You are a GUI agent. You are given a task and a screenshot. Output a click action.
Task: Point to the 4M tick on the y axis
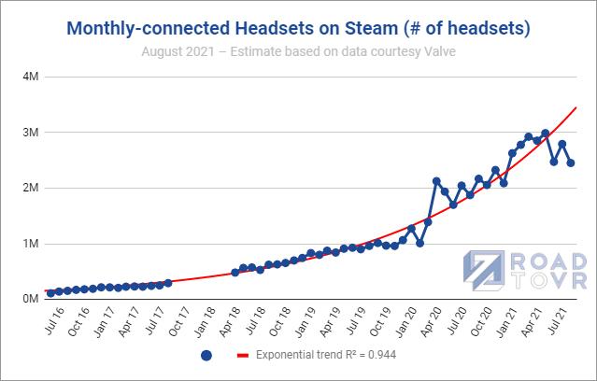(x=28, y=77)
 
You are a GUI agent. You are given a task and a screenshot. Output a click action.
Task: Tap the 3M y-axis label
(x=28, y=133)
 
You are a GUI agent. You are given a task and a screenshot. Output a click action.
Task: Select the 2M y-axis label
(x=28, y=188)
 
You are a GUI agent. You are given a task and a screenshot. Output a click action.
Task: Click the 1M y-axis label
(x=28, y=244)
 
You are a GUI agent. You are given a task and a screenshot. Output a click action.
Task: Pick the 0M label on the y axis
(x=28, y=299)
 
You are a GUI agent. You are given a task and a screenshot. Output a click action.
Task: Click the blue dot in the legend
(x=206, y=356)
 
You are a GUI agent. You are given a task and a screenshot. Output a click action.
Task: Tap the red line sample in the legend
(x=244, y=356)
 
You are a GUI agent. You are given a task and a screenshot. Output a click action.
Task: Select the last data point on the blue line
(x=570, y=162)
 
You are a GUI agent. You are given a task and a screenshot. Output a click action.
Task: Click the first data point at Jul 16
(x=50, y=292)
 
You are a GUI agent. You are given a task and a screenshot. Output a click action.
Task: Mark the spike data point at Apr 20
(x=436, y=181)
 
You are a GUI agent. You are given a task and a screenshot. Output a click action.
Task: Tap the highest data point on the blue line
(x=545, y=134)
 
